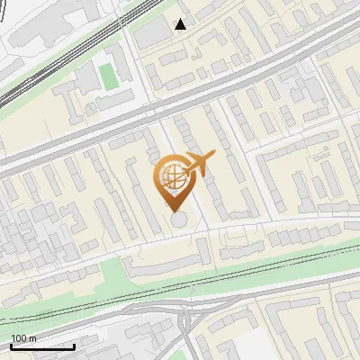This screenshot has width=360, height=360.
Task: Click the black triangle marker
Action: pyautogui.click(x=181, y=24)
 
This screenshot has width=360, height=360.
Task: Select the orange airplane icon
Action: pyautogui.click(x=199, y=165)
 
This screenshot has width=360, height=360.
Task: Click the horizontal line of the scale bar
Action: pyautogui.click(x=42, y=346)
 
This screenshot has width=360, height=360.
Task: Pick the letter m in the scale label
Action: pyautogui.click(x=32, y=338)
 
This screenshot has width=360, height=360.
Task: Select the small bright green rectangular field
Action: pyautogui.click(x=109, y=76)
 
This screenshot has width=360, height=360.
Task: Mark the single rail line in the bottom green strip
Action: pyautogui.click(x=270, y=270)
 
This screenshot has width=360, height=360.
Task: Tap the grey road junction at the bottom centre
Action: pyautogui.click(x=186, y=319)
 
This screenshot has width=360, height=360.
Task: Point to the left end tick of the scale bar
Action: pyautogui.click(x=11, y=345)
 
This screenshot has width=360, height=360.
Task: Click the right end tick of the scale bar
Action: pyautogui.click(x=74, y=345)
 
